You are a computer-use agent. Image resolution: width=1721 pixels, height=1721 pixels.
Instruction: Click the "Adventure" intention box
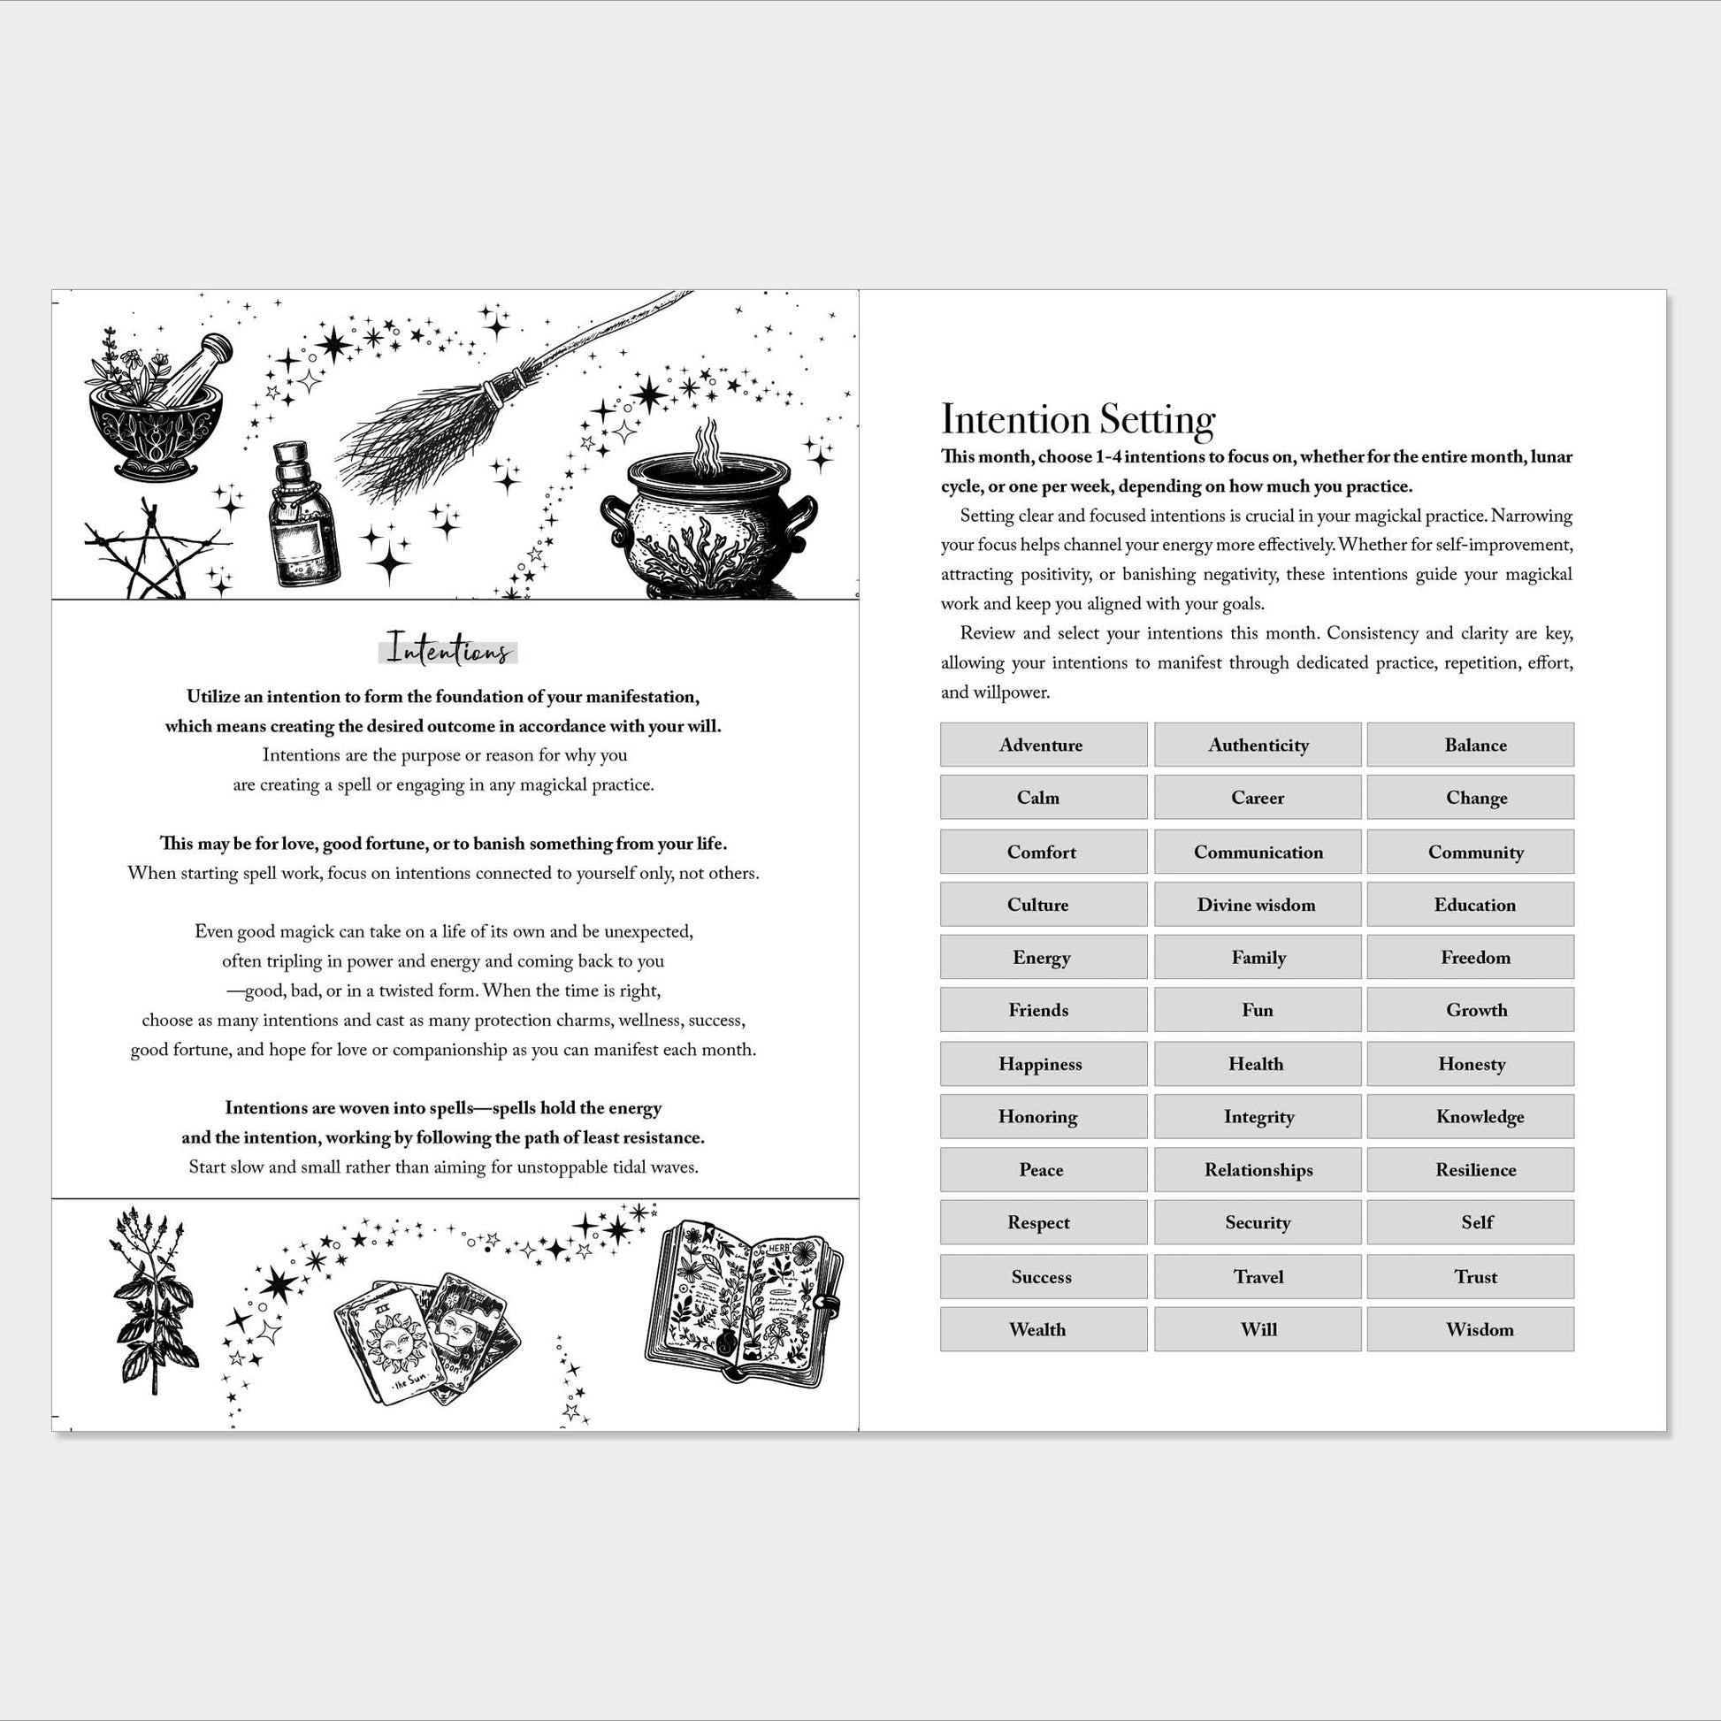[x=1043, y=745]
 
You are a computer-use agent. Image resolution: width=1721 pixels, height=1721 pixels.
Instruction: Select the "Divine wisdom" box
[x=1257, y=904]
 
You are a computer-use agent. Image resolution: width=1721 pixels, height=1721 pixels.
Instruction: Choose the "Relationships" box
[x=1257, y=1170]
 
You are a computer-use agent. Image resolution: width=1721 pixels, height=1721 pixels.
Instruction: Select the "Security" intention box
[x=1257, y=1222]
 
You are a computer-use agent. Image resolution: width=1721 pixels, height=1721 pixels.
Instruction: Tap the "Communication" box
[x=1257, y=852]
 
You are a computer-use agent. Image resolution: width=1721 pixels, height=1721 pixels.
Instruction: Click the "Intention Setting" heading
[x=1078, y=419]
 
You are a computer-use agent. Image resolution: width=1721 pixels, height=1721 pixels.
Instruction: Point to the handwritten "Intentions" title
[x=448, y=648]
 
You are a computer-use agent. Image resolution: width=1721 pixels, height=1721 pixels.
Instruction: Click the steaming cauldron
[x=708, y=525]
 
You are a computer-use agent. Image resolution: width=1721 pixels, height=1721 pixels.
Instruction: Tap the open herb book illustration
[x=744, y=1301]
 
